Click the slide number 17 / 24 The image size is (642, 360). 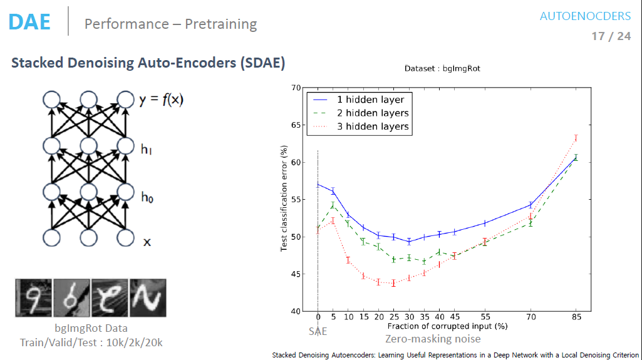(x=611, y=36)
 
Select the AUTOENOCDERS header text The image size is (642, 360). (x=585, y=16)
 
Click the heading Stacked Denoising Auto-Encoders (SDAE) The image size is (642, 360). (x=148, y=63)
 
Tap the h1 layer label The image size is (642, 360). (x=147, y=148)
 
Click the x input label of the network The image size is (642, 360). (x=147, y=241)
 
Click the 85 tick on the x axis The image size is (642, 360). (x=576, y=317)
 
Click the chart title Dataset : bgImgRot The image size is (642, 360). (x=442, y=68)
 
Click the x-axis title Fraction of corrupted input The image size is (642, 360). (x=447, y=326)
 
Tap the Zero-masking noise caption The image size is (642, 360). (x=433, y=339)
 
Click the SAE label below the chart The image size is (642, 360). (x=318, y=331)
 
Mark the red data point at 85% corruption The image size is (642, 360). (x=576, y=138)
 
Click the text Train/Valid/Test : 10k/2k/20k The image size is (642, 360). (x=91, y=342)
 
